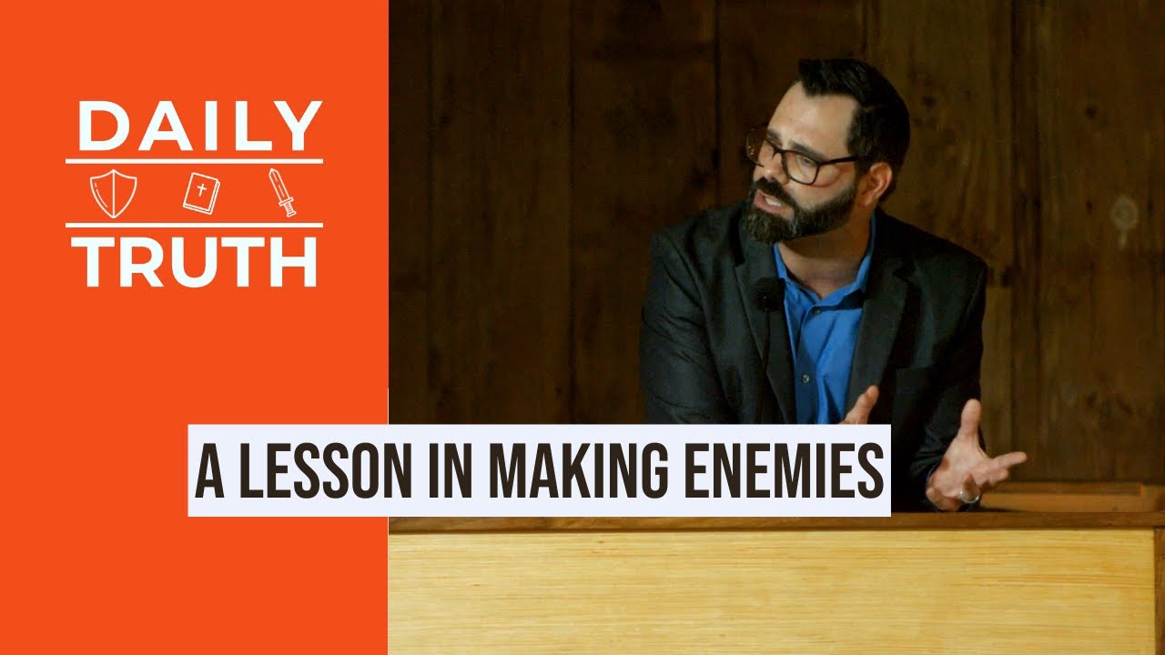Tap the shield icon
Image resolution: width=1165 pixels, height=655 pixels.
tap(114, 193)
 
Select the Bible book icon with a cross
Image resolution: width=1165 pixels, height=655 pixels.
tap(200, 193)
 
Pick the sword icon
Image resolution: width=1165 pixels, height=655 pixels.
tap(281, 192)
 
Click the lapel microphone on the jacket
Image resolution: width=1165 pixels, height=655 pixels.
tap(767, 293)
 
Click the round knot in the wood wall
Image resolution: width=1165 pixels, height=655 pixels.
tap(1125, 213)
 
